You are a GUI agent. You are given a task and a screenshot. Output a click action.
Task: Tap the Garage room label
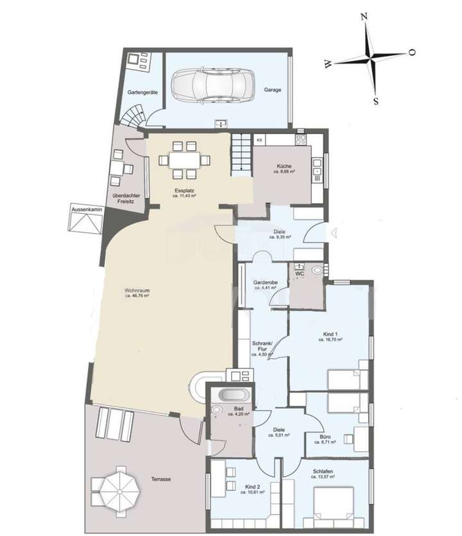pos(273,91)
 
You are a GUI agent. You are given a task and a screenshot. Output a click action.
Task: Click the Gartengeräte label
pos(142,92)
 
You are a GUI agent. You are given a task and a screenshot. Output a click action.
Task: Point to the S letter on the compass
pos(375,101)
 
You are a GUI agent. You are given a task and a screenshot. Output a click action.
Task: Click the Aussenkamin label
pos(87,209)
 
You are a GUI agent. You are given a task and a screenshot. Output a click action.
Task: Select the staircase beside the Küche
pos(241,154)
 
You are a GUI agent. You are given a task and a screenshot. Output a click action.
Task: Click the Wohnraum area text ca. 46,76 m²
pos(137,297)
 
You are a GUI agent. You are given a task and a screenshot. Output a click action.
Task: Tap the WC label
pos(300,274)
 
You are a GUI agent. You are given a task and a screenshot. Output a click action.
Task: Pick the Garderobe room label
pos(264,282)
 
